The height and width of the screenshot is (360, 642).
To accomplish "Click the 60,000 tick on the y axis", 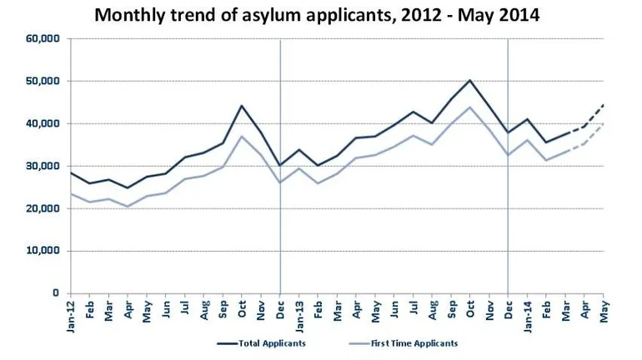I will click(x=42, y=38).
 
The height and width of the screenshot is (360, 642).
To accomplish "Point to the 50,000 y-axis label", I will click(x=42, y=81).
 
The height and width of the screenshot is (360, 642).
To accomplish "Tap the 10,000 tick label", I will click(x=42, y=251).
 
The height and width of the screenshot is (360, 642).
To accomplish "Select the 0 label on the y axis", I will click(x=55, y=293).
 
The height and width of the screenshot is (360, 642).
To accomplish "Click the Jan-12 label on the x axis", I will click(x=71, y=313).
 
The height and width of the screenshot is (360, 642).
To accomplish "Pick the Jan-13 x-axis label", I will click(x=299, y=313).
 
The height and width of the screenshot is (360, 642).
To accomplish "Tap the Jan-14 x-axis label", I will click(x=528, y=313).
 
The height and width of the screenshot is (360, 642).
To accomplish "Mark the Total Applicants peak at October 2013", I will click(x=470, y=80).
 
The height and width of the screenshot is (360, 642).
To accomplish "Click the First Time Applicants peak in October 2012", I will click(x=242, y=136).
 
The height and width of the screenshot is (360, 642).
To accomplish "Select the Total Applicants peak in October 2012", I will click(x=242, y=106).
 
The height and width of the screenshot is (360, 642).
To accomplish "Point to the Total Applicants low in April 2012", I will click(x=128, y=187).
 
